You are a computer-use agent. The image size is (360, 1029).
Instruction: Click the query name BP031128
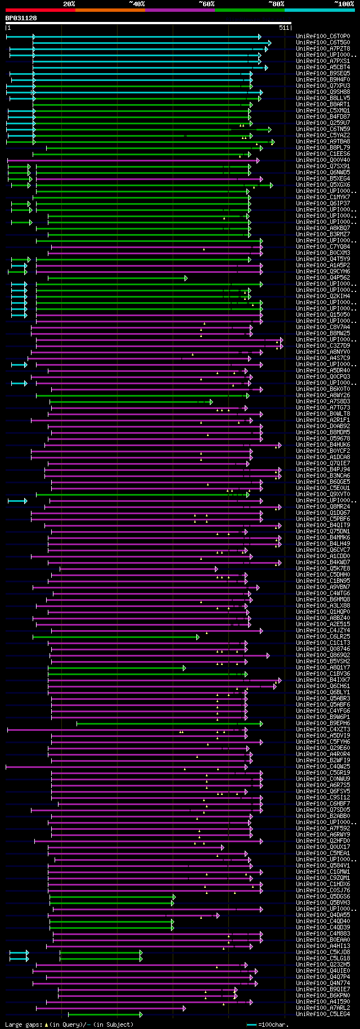(x=21, y=19)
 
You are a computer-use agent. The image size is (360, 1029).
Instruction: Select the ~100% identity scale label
(x=344, y=4)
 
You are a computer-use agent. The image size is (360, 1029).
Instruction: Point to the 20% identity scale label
(x=69, y=4)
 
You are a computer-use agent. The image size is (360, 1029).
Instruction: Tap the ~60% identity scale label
(x=206, y=4)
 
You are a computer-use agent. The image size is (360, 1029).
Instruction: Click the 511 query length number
(x=283, y=28)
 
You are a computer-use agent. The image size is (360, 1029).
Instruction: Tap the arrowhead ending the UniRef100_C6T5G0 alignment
(x=270, y=43)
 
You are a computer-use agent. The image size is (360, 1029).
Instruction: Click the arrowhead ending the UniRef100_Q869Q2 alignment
(x=268, y=655)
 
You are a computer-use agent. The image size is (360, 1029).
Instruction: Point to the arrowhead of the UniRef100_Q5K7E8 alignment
(x=217, y=569)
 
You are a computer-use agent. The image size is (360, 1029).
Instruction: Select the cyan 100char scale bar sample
(x=251, y=1024)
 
